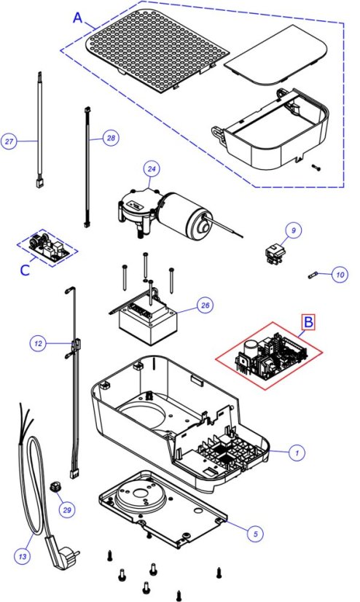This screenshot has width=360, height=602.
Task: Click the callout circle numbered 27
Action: coord(9,141)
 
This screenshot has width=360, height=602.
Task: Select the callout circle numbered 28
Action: coord(111,138)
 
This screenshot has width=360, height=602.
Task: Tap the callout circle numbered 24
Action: coord(152,169)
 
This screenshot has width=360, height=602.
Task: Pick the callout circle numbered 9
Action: coord(294,230)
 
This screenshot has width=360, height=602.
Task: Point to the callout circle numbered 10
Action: coord(340,275)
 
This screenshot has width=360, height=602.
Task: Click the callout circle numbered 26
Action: coord(206,305)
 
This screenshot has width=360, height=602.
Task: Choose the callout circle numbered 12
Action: coord(38,343)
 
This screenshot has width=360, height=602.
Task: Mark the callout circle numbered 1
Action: coord(297,453)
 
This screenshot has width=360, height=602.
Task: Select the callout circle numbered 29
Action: coord(67,510)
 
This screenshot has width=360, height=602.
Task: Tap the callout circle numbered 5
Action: coord(255,533)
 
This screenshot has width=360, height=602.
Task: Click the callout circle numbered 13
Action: coord(23,556)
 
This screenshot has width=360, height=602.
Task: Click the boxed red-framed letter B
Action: coord(308,322)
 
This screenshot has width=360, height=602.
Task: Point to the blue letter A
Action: coord(78,17)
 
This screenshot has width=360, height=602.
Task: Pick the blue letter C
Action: coord(25,270)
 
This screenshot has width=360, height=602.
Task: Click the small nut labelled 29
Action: coord(55,488)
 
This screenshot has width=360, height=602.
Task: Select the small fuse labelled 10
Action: coord(312,275)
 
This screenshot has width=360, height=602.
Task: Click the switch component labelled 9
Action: coord(275,254)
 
